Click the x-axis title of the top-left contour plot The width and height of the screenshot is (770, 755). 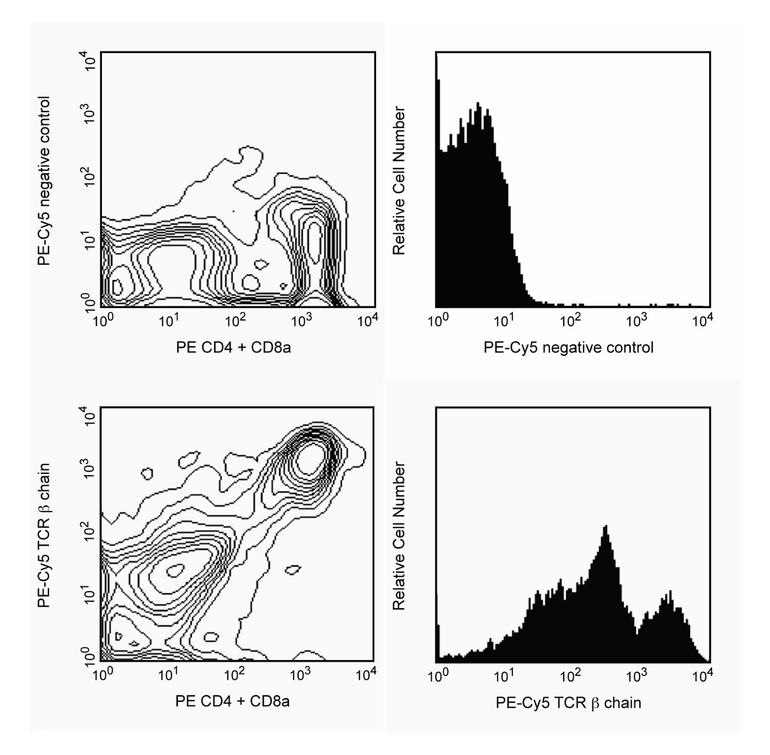pyautogui.click(x=233, y=347)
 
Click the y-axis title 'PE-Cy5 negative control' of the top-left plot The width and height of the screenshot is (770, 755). pyautogui.click(x=44, y=181)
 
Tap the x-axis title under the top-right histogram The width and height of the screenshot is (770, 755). pyautogui.click(x=568, y=347)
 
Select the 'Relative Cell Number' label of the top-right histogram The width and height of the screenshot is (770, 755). pyautogui.click(x=399, y=180)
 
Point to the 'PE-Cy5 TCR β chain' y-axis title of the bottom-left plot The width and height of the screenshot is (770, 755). pyautogui.click(x=44, y=535)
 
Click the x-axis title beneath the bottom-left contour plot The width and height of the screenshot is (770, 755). pyautogui.click(x=232, y=701)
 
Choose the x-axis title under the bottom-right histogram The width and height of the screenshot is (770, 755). pyautogui.click(x=568, y=703)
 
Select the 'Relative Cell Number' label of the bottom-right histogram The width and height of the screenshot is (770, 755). pyautogui.click(x=399, y=536)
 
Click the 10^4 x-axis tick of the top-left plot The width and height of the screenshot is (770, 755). pyautogui.click(x=367, y=321)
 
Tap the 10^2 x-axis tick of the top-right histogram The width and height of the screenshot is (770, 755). pyautogui.click(x=570, y=321)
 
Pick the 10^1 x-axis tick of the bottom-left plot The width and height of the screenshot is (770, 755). pyautogui.click(x=168, y=674)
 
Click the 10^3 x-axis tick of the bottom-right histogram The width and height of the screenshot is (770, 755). pyautogui.click(x=636, y=675)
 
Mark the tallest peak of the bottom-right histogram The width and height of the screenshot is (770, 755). pyautogui.click(x=606, y=526)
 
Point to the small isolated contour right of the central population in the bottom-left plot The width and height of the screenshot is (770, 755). pyautogui.click(x=292, y=569)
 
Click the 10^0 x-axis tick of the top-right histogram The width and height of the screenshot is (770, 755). pyautogui.click(x=437, y=321)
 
